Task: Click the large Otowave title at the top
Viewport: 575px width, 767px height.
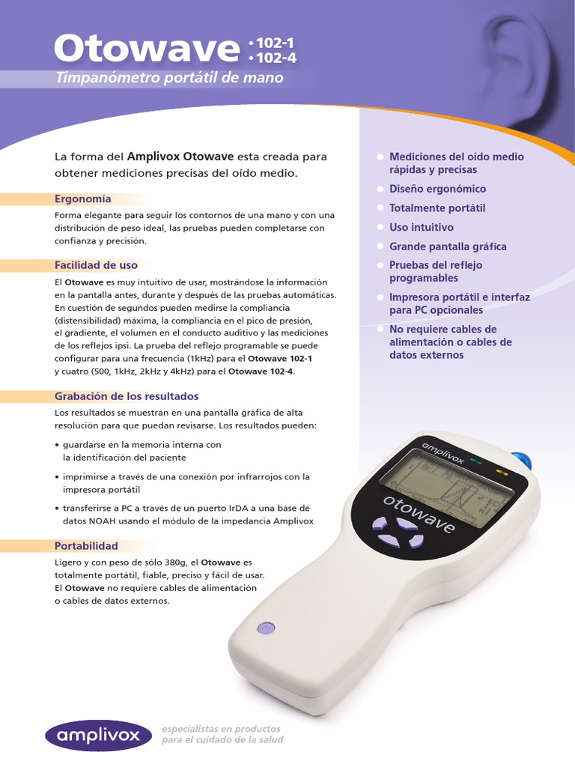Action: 147,49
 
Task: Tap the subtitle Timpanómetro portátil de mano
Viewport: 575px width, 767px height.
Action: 169,78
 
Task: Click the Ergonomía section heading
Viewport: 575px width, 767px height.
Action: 82,198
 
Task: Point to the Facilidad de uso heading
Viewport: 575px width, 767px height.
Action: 96,265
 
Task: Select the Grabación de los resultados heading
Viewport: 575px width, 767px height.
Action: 127,396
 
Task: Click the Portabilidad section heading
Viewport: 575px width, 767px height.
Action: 86,546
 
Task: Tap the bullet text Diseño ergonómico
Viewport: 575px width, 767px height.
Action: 437,189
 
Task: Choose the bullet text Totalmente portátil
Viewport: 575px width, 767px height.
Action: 437,208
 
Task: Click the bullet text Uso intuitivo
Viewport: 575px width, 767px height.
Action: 422,227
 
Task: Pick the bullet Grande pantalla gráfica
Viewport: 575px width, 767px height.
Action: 448,246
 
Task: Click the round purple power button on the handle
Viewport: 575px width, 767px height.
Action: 266,628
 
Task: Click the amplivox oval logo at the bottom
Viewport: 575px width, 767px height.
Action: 98,736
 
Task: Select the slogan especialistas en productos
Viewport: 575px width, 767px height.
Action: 222,729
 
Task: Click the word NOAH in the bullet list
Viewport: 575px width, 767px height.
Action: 102,521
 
